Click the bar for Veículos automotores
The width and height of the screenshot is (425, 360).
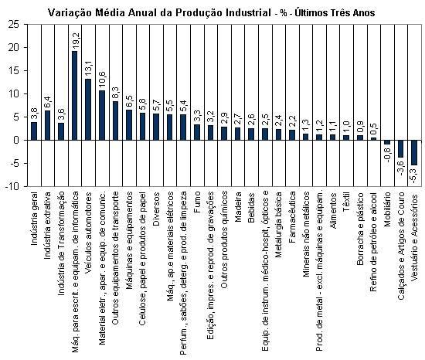pyautogui.click(x=88, y=110)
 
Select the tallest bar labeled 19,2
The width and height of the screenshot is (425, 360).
pyautogui.click(x=74, y=95)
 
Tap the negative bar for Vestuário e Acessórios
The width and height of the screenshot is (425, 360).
pyautogui.click(x=414, y=152)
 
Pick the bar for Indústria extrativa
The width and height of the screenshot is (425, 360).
pyautogui.click(x=47, y=125)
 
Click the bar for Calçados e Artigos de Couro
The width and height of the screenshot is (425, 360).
pyautogui.click(x=400, y=149)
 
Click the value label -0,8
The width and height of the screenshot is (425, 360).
pyautogui.click(x=388, y=155)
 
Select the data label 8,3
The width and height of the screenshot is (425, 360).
pyautogui.click(x=116, y=93)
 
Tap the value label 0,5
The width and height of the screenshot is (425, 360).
pyautogui.click(x=374, y=130)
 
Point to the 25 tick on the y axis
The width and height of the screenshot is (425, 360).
pyautogui.click(x=14, y=25)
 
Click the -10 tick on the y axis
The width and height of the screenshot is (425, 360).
pyautogui.click(x=12, y=186)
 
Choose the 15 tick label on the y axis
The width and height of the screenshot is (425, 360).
pyautogui.click(x=14, y=71)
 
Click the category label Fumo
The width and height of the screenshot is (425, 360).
pyautogui.click(x=197, y=202)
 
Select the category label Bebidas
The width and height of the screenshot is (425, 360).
pyautogui.click(x=251, y=207)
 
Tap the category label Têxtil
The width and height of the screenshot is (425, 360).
pyautogui.click(x=346, y=202)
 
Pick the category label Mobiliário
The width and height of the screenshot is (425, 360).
pyautogui.click(x=387, y=209)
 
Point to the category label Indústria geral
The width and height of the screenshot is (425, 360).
pyautogui.click(x=34, y=219)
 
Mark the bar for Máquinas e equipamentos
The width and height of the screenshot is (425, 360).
pyautogui.click(x=129, y=125)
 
